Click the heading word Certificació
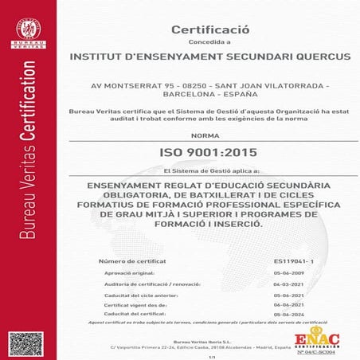tap(210, 29)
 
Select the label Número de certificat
tap(131, 260)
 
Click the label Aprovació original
tap(130, 272)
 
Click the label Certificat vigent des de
tap(133, 304)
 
